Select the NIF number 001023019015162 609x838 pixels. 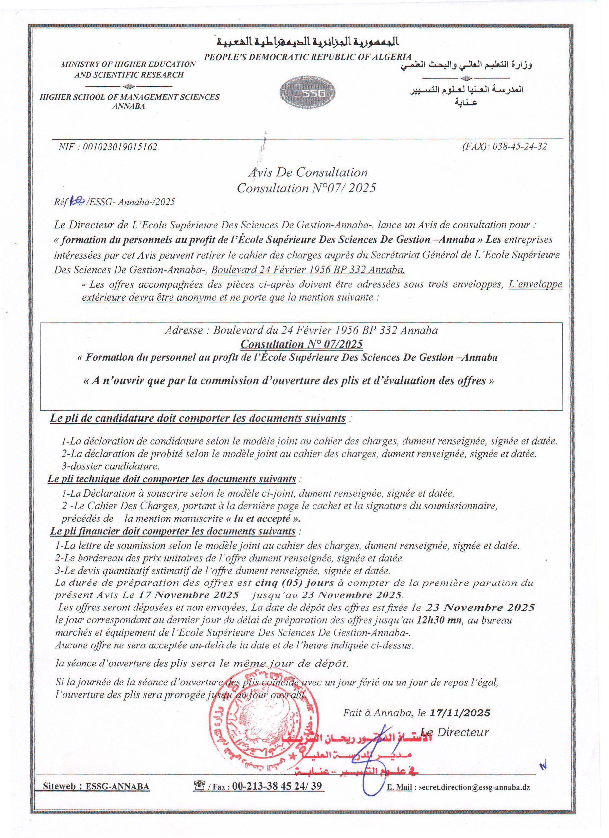[x=120, y=147]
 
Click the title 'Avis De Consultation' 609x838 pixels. [x=308, y=172]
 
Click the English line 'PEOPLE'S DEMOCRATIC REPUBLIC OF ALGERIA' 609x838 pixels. [x=308, y=57]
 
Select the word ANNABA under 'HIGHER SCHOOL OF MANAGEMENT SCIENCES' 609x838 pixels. [x=129, y=106]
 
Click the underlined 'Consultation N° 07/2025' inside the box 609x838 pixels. [x=301, y=344]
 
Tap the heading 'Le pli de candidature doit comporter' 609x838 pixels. [x=198, y=419]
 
